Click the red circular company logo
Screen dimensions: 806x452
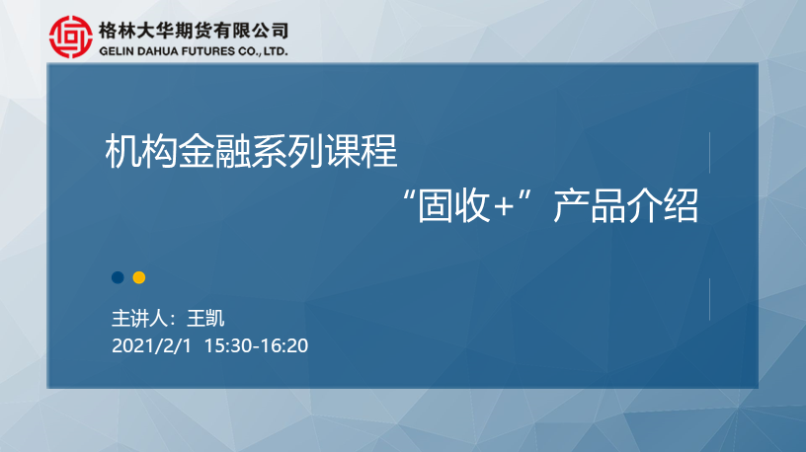[71, 37]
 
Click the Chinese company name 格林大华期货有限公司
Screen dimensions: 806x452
[194, 31]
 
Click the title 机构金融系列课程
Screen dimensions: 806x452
[251, 151]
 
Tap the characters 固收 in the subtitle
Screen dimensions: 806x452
[453, 205]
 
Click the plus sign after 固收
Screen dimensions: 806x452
[503, 207]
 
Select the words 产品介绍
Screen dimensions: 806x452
[625, 205]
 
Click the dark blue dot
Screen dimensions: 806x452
[118, 277]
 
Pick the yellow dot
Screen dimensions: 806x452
[139, 277]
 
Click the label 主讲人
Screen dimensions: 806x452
[139, 319]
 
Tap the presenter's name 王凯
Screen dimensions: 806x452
[205, 319]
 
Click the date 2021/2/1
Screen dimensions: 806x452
[151, 345]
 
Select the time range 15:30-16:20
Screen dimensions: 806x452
[256, 345]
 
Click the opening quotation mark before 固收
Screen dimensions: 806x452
[409, 195]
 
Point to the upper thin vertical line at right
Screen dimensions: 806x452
[710, 153]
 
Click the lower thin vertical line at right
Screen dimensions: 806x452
[710, 299]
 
